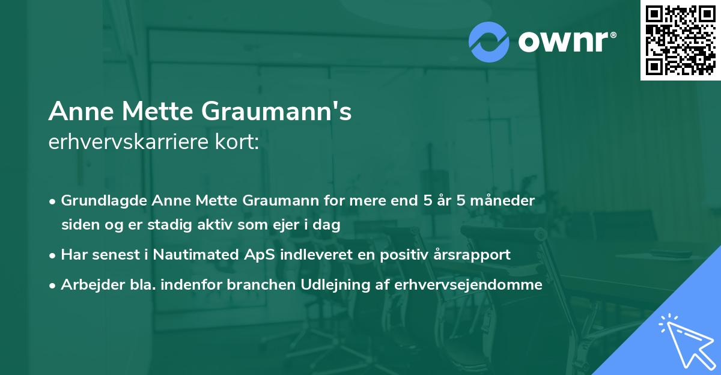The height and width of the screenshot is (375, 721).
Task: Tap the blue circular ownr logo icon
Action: point(489,41)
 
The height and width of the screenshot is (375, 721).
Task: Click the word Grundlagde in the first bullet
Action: point(96,200)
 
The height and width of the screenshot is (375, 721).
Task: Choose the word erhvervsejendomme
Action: point(469,284)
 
